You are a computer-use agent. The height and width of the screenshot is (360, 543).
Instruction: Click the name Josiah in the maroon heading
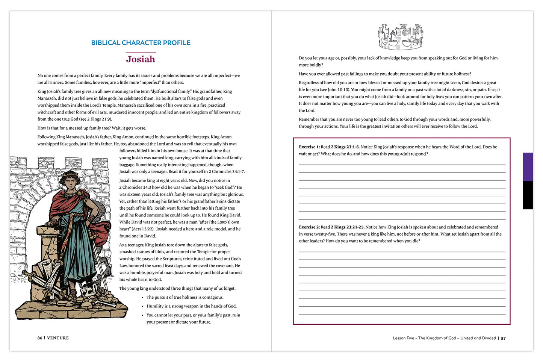[x=141, y=59]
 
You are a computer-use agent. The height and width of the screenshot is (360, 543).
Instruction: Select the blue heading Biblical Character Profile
[x=141, y=43]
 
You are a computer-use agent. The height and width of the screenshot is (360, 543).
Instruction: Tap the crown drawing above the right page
[x=401, y=37]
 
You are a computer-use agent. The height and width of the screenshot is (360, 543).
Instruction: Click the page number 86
[x=40, y=338]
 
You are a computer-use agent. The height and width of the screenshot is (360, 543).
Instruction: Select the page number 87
[x=503, y=338]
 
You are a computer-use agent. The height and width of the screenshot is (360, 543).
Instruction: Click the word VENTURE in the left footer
[x=58, y=338]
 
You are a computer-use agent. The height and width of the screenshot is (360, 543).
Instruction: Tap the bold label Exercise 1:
[x=309, y=147]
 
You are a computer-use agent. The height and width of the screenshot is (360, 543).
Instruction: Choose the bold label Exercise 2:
[x=309, y=227]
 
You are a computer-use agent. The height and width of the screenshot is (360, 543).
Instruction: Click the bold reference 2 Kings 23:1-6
[x=345, y=147]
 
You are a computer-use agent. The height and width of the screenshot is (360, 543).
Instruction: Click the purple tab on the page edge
[x=528, y=167]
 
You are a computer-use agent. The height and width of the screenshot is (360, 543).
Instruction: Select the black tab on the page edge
[x=528, y=195]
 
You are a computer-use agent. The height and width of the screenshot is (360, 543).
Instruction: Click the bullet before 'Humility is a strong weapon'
[x=143, y=307]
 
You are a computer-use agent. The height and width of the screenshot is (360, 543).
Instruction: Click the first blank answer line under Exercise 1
[x=402, y=165]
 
